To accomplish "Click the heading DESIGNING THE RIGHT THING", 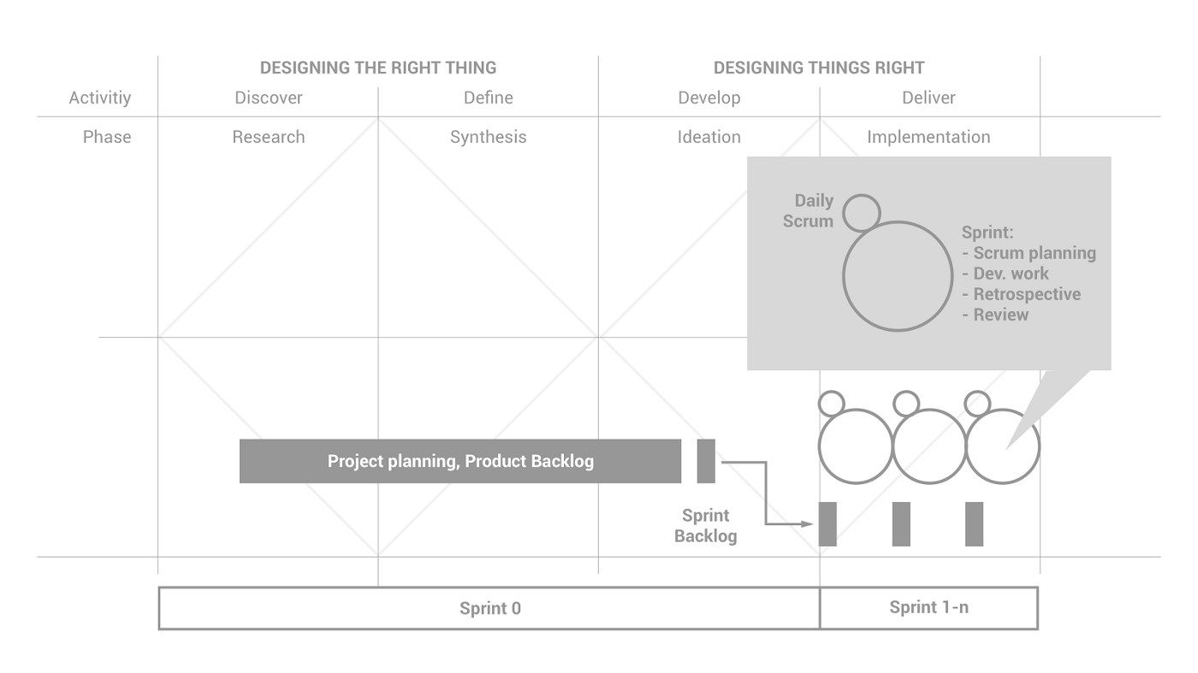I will tap(377, 68).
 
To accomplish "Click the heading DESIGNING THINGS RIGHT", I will tap(819, 68).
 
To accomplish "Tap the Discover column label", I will tap(269, 97).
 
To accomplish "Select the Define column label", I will tap(489, 97).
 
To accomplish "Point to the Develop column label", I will tap(709, 97).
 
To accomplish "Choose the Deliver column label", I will tap(928, 97).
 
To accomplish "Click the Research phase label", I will tap(269, 137).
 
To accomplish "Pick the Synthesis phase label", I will tap(489, 137).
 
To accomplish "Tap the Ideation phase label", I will tap(709, 137).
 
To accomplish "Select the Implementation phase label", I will tap(928, 137).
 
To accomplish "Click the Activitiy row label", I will tap(100, 97).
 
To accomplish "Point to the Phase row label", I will tap(107, 137).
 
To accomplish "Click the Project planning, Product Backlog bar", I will tap(460, 461).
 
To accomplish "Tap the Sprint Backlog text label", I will tap(705, 526).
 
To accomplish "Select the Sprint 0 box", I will tap(489, 609).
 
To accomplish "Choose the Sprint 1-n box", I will tap(928, 608).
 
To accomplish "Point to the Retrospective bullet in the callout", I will tap(1027, 294).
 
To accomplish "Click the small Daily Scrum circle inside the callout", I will tap(861, 212).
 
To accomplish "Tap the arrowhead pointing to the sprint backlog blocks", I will tap(806, 523).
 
